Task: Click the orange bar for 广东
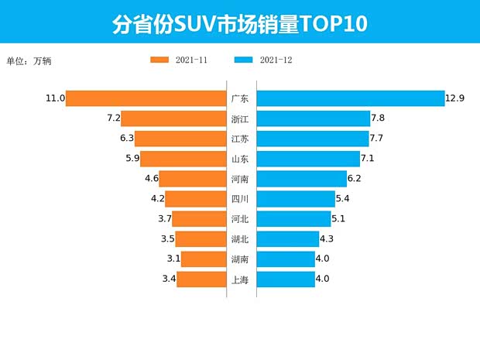click(146, 98)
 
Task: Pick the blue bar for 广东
click(350, 98)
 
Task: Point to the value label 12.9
click(455, 98)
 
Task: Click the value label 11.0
click(54, 98)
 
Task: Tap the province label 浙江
click(240, 118)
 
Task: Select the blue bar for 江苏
click(313, 139)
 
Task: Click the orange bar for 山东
click(183, 159)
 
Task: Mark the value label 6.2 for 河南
click(355, 179)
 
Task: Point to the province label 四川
click(240, 199)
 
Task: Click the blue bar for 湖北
click(287, 239)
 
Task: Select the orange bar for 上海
click(201, 279)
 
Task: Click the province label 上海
click(240, 279)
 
